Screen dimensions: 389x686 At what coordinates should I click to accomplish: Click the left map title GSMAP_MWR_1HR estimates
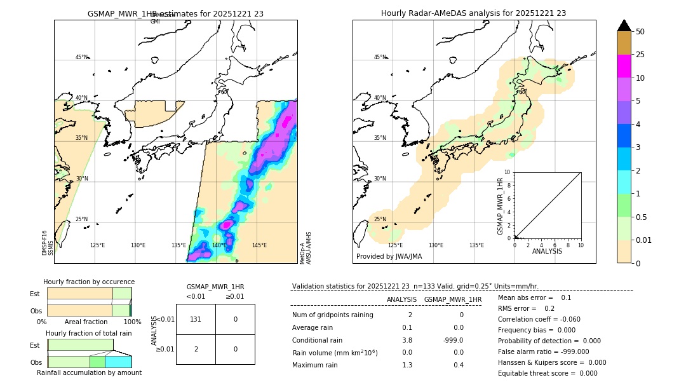tap(175, 13)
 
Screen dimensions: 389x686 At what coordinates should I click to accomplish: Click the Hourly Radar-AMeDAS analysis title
tap(473, 13)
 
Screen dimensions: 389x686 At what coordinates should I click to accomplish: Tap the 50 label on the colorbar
tap(640, 32)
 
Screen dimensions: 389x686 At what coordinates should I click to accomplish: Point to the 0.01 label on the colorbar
tap(644, 240)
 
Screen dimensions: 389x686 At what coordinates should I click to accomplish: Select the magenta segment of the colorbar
tap(624, 66)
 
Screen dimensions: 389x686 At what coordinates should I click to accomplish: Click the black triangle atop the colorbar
tap(624, 25)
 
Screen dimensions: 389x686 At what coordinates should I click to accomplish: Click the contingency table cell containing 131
tap(196, 319)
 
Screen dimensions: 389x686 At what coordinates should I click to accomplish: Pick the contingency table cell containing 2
tap(196, 349)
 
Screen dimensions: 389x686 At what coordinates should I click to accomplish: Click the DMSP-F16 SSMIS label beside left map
tap(48, 243)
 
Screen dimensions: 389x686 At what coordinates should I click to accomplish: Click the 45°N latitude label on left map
tap(81, 57)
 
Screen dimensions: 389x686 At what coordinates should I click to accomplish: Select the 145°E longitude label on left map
tap(259, 245)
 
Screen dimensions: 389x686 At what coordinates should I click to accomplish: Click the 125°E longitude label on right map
tap(395, 245)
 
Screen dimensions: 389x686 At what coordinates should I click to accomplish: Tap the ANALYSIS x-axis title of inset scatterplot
tap(548, 251)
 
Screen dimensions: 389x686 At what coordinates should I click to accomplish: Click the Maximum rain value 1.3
tap(407, 365)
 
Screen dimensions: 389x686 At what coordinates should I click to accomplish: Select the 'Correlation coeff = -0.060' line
tap(539, 319)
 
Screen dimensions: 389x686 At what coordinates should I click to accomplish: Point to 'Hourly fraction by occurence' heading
tap(89, 282)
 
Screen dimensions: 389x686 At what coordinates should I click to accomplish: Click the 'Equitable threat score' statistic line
tap(548, 373)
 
